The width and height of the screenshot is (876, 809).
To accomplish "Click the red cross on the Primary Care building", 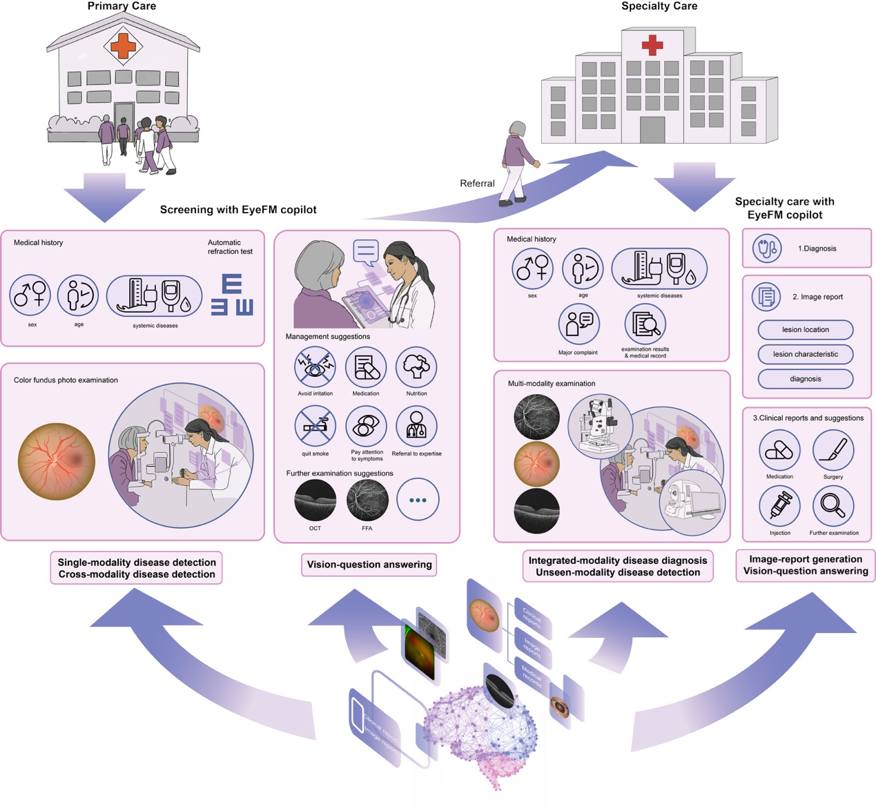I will [x=124, y=46].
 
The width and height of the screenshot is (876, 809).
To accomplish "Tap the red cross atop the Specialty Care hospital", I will [x=652, y=46].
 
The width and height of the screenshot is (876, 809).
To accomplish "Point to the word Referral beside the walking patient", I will [x=477, y=184].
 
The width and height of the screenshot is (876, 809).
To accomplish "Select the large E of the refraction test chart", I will [x=232, y=284].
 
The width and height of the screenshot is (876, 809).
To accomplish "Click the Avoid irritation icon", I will [x=315, y=367].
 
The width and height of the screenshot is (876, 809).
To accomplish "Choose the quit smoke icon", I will [x=315, y=427].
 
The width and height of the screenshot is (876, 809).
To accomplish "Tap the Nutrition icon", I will [x=416, y=367].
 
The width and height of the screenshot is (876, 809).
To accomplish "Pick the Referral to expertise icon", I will [x=416, y=427].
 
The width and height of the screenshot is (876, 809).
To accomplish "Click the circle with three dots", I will [x=418, y=500].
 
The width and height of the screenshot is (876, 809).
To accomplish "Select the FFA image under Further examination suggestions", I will [x=367, y=500].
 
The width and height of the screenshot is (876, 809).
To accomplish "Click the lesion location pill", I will [x=806, y=330].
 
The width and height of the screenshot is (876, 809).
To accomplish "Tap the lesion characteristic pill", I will [x=806, y=354].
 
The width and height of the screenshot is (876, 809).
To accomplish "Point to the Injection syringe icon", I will [x=779, y=506].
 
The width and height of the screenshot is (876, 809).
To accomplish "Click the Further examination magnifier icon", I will [x=833, y=506].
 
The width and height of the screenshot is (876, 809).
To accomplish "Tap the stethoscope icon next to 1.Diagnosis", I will [x=766, y=248].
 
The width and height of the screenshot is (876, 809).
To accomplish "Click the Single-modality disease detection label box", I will [x=137, y=568].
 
